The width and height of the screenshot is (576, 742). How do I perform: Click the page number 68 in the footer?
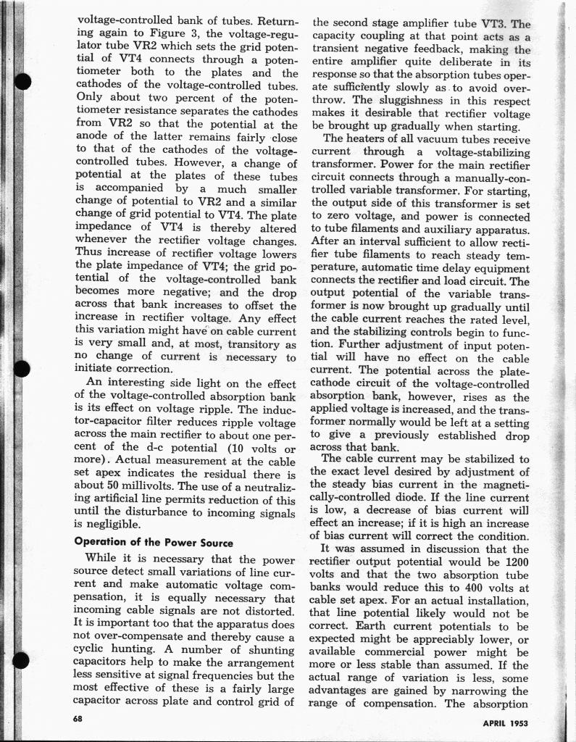[78, 718]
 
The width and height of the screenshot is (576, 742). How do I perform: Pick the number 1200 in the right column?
[516, 562]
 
